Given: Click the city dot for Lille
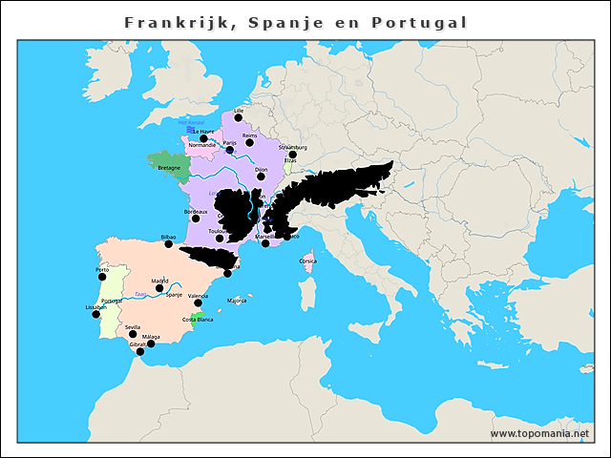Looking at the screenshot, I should (x=238, y=117).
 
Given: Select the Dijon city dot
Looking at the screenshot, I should (x=261, y=176).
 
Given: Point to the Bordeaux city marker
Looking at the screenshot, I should (x=196, y=219).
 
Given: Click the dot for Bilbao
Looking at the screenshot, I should (x=169, y=243).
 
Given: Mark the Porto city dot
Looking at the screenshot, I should (x=102, y=277).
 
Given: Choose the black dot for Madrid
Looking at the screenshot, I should (x=159, y=287).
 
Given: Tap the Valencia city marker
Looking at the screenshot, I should (x=198, y=303).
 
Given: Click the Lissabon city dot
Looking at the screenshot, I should (x=95, y=314).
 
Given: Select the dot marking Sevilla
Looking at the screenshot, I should (x=133, y=334).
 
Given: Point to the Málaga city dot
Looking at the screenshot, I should (x=151, y=343).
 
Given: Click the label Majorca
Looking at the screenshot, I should (x=236, y=301).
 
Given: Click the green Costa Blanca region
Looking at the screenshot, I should (x=198, y=317).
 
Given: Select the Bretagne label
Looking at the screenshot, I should (x=169, y=168).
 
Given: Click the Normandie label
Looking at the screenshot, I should (x=201, y=145).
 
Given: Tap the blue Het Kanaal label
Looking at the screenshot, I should (x=191, y=123).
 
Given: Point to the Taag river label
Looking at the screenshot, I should (x=141, y=295).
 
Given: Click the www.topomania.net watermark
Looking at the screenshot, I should (x=539, y=433).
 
